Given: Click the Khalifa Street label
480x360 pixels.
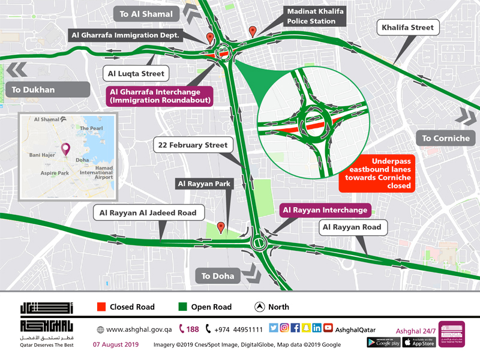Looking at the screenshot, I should (x=407, y=28).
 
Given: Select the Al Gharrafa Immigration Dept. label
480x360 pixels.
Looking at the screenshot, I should (x=126, y=35).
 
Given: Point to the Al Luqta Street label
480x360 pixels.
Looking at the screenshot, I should (x=136, y=74).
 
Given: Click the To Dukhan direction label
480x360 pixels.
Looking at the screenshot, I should (x=33, y=90).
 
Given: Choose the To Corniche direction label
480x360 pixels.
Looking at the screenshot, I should (x=445, y=139).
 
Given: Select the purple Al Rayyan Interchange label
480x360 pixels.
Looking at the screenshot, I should (x=325, y=210).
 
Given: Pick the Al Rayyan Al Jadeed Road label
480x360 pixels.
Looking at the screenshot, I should (x=149, y=212).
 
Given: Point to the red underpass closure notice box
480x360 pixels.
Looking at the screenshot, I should (x=377, y=174).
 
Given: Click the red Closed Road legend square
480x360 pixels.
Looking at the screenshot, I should (x=101, y=307).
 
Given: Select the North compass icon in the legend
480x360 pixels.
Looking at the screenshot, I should (x=259, y=307).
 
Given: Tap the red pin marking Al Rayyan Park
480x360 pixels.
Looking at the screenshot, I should (x=221, y=227).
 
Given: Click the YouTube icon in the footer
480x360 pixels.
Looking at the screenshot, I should (x=328, y=328).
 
